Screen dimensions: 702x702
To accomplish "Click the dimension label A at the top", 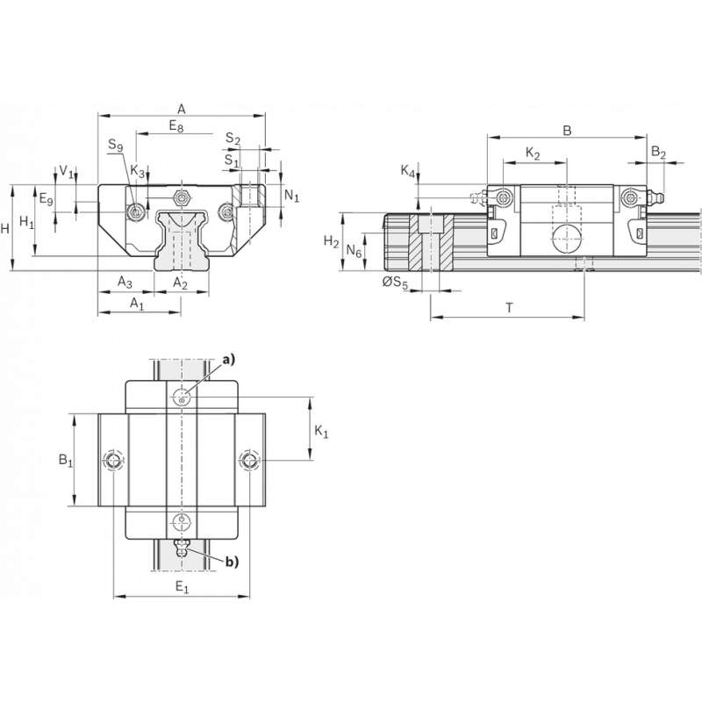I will pos(182,108).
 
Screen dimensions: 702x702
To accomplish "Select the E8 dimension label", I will pos(176,126).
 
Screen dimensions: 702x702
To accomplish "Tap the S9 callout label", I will pos(115,146).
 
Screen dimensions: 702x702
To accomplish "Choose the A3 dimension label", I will pos(125,282).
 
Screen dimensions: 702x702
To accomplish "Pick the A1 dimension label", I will pos(137,303).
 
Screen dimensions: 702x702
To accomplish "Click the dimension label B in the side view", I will pos(567,131).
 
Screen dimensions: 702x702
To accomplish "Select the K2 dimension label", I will pos(533,153).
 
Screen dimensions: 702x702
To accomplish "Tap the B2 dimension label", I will pos(658,153).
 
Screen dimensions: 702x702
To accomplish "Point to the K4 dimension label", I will pos(407,172).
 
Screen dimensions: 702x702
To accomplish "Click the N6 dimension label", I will pos(354,251).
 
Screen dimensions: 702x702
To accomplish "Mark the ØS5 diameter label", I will pos(395,282).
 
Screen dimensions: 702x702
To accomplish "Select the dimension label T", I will pos(509,307).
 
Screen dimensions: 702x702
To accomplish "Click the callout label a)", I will pos(230,359).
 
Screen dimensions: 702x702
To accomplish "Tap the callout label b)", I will pos(231,561).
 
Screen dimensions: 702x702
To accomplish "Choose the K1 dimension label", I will pos(321,431).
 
